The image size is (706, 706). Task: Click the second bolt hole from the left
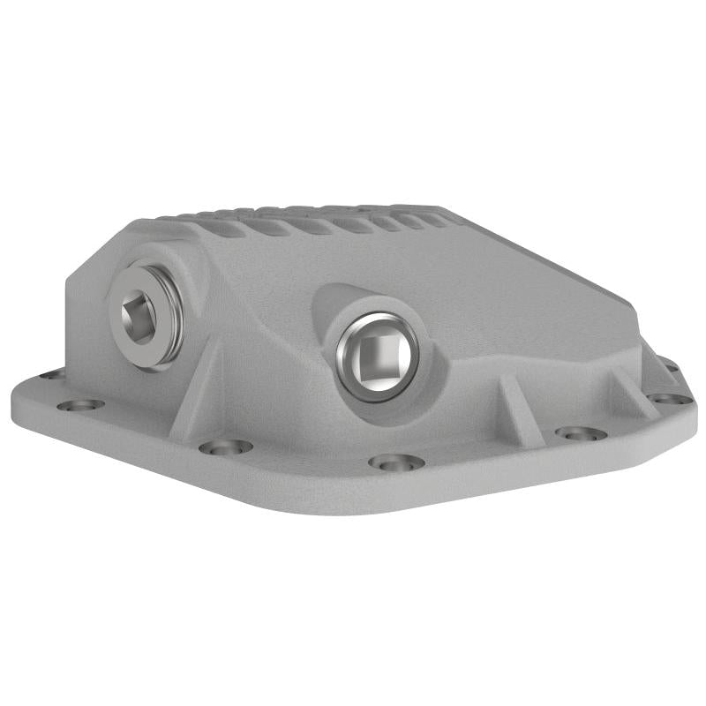pos(81,405)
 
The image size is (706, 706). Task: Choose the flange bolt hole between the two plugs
pos(225,447)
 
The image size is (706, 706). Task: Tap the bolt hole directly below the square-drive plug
pos(395,462)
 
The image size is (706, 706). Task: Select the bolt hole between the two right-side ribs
pos(581,433)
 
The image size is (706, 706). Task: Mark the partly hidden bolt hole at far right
pos(672,366)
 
